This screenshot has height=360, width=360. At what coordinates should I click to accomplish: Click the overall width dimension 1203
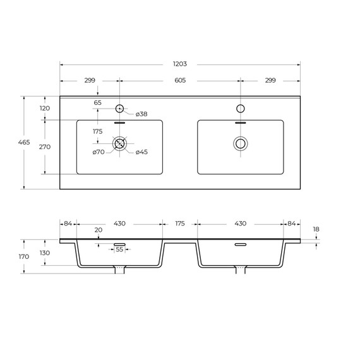pyautogui.click(x=180, y=64)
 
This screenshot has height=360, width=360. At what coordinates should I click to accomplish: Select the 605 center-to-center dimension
pyautogui.click(x=180, y=80)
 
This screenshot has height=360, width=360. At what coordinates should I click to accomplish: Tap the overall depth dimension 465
pyautogui.click(x=24, y=142)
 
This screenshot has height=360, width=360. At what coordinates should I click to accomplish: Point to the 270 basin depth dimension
pyautogui.click(x=45, y=147)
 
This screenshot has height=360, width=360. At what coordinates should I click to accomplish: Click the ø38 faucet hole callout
pyautogui.click(x=141, y=114)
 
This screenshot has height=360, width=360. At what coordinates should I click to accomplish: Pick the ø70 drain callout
pyautogui.click(x=99, y=152)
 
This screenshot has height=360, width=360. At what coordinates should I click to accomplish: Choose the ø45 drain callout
pyautogui.click(x=141, y=152)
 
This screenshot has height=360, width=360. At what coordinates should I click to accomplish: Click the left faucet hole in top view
pyautogui.click(x=119, y=109)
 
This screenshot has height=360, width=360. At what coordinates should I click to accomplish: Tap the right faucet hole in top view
pyautogui.click(x=241, y=109)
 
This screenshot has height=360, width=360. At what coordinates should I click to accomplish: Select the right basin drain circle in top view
pyautogui.click(x=241, y=143)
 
